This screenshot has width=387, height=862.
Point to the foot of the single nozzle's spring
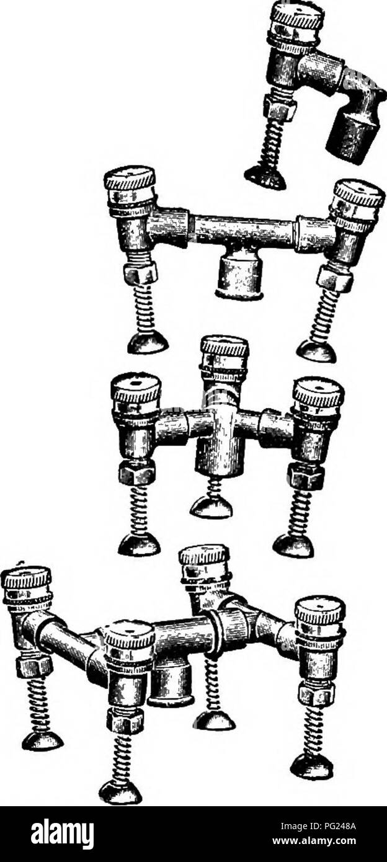[x=266, y=179]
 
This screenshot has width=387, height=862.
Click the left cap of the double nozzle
[x=130, y=187]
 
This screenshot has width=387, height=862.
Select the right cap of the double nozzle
[x=358, y=200]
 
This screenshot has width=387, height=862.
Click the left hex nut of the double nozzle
[x=141, y=273]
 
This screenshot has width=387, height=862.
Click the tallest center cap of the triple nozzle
[x=225, y=355]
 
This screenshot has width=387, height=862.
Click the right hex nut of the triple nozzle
[x=306, y=477]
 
